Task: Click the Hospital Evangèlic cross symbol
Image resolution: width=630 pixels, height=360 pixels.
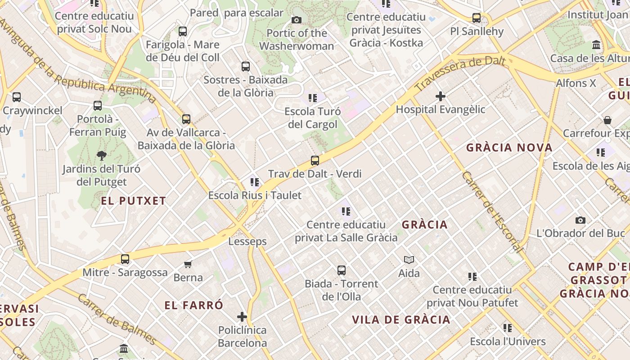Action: tap(441, 96)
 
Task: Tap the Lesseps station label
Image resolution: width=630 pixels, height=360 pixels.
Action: tap(247, 242)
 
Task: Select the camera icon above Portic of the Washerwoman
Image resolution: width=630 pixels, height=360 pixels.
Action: tap(296, 20)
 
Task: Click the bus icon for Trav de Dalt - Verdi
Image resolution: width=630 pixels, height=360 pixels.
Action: tap(315, 161)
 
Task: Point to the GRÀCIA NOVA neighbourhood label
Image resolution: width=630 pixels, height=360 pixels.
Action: tap(509, 148)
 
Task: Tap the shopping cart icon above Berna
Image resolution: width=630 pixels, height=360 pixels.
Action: tap(188, 264)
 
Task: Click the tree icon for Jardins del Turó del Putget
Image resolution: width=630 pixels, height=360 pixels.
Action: tap(101, 156)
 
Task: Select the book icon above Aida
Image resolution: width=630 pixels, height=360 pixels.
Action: tap(409, 260)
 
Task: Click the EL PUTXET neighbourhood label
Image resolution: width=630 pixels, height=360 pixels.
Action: tap(134, 201)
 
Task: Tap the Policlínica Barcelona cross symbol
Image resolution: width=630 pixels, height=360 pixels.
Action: tap(242, 317)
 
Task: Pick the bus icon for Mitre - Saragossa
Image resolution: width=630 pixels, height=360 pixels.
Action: tap(125, 259)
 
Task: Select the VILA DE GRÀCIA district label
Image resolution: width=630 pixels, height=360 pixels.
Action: tap(401, 320)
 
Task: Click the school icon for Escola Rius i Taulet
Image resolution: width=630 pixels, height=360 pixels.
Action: tap(255, 182)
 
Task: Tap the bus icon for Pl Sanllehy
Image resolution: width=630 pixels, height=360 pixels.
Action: tap(477, 18)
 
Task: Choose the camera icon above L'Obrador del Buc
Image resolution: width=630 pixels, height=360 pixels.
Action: tap(580, 220)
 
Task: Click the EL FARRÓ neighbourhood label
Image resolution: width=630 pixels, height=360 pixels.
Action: tap(193, 306)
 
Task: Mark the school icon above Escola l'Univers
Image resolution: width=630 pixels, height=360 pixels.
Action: tap(508, 328)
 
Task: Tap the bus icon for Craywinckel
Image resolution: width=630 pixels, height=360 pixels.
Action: tap(17, 97)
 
